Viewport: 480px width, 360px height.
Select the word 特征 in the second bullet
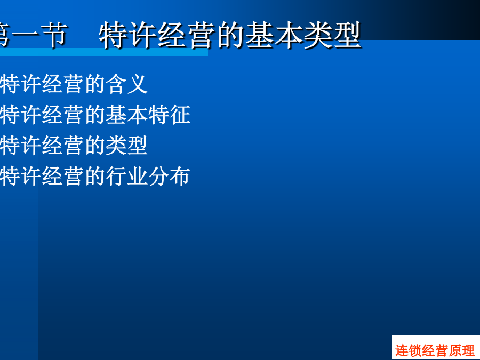[169, 115]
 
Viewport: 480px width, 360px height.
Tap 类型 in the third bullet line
[126, 145]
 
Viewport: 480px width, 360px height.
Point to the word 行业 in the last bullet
[126, 176]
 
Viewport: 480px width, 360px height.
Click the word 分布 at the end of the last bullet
[169, 176]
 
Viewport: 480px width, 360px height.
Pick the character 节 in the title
[54, 35]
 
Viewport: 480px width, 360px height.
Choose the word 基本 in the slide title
[274, 35]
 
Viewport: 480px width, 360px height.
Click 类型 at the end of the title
[332, 35]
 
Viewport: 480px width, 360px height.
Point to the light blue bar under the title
[104, 52]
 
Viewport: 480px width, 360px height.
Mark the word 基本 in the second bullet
[126, 115]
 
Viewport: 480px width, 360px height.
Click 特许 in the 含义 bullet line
[20, 84]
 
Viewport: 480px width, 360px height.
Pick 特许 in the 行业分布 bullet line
[20, 176]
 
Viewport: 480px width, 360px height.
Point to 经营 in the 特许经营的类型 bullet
[63, 145]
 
